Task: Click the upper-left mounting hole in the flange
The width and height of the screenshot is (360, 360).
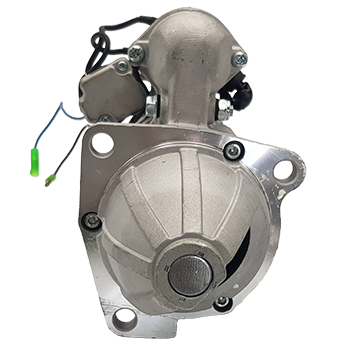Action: click(102, 144)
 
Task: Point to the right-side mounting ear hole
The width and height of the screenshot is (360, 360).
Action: click(283, 170)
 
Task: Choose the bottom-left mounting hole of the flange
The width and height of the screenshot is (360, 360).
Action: click(124, 319)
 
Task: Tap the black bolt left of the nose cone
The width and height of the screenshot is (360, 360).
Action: click(93, 219)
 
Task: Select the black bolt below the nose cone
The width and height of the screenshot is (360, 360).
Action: click(222, 302)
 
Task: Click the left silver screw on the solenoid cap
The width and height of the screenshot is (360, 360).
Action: click(136, 52)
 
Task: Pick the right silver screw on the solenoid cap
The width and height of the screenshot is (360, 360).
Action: click(239, 59)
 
